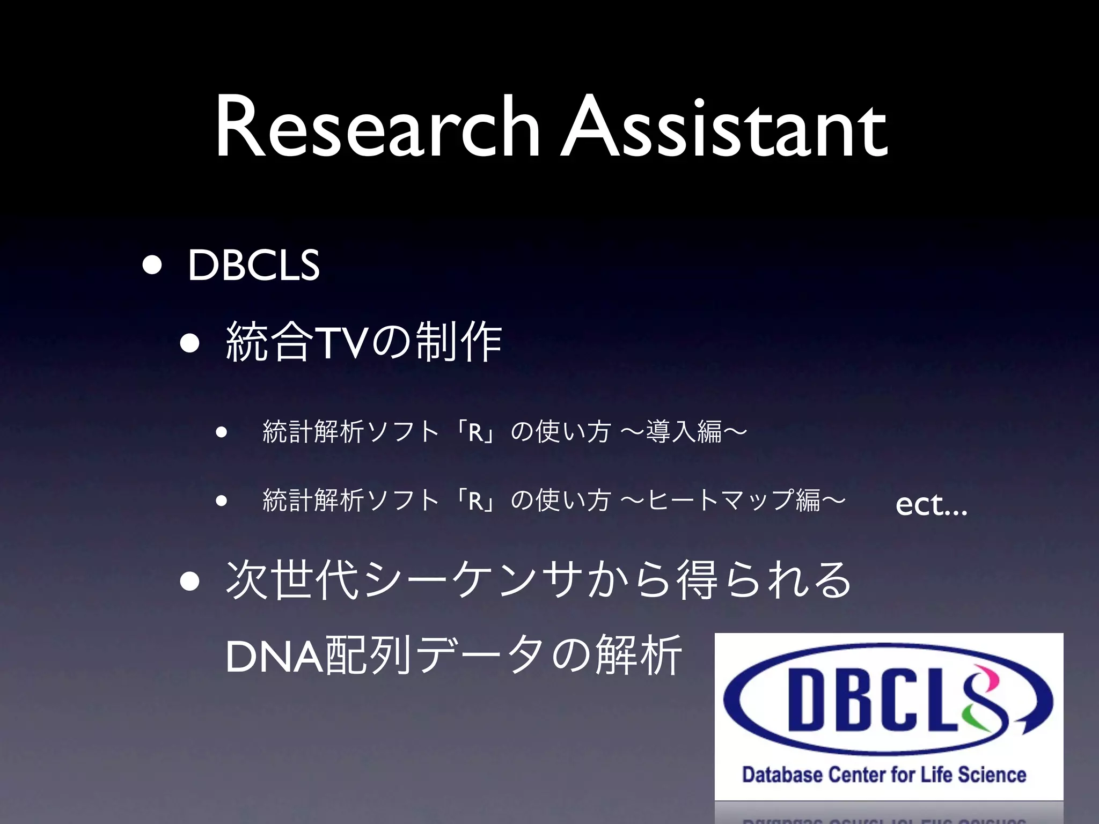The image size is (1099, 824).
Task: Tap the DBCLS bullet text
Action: click(x=253, y=265)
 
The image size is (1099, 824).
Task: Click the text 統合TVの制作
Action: click(x=364, y=342)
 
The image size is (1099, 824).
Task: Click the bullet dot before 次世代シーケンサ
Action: click(x=191, y=580)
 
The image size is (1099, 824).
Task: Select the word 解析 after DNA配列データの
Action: click(x=639, y=656)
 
